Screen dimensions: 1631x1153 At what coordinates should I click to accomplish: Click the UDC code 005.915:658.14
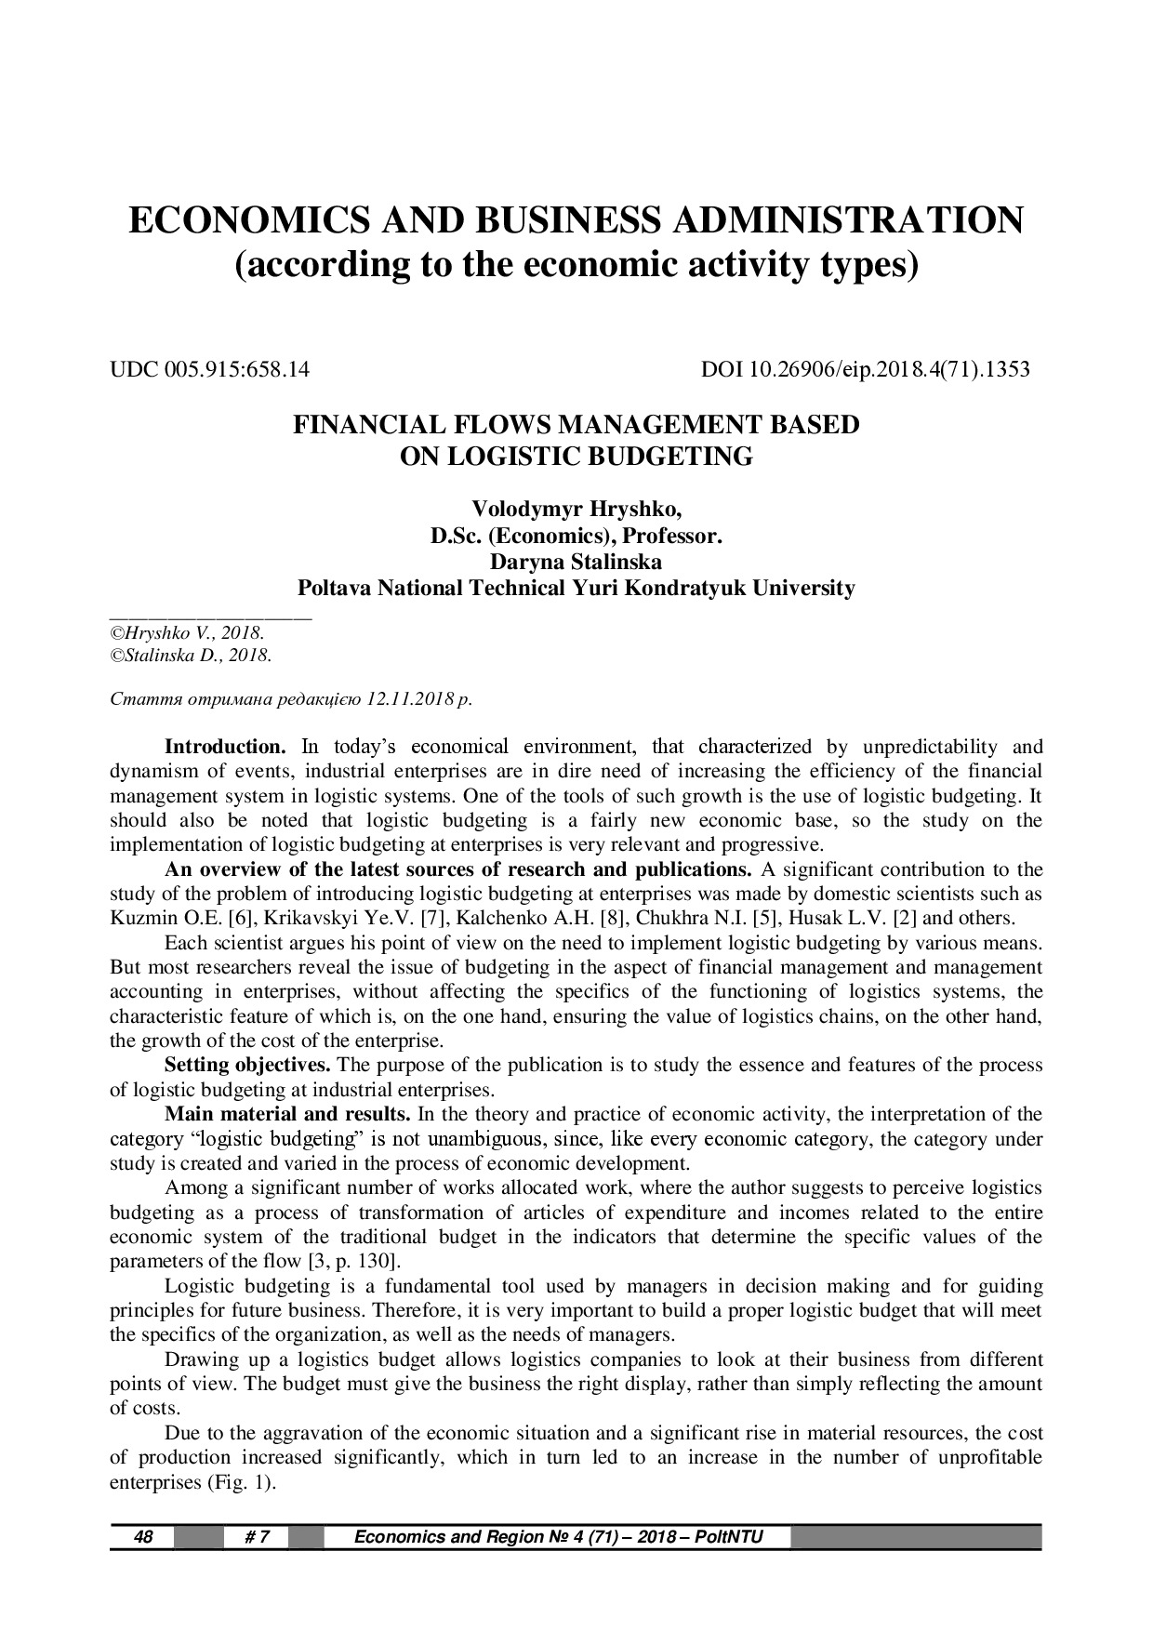pyautogui.click(x=237, y=370)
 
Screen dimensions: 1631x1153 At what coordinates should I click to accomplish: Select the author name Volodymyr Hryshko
pyautogui.click(x=576, y=510)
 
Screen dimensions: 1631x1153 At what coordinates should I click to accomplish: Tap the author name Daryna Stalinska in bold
pyautogui.click(x=576, y=563)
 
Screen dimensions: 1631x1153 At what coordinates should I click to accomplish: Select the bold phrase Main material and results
pyautogui.click(x=287, y=1114)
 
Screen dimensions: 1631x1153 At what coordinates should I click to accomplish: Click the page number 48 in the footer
pyautogui.click(x=143, y=1537)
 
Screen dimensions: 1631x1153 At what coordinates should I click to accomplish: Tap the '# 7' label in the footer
pyautogui.click(x=258, y=1537)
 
